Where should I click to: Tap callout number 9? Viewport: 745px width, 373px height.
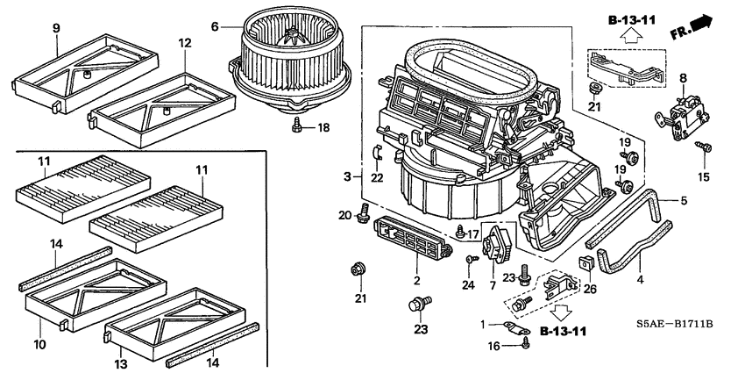(55, 28)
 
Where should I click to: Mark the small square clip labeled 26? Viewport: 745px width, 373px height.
(584, 264)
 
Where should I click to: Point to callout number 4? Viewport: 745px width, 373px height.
(639, 281)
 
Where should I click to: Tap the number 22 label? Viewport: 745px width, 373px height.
(378, 178)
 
